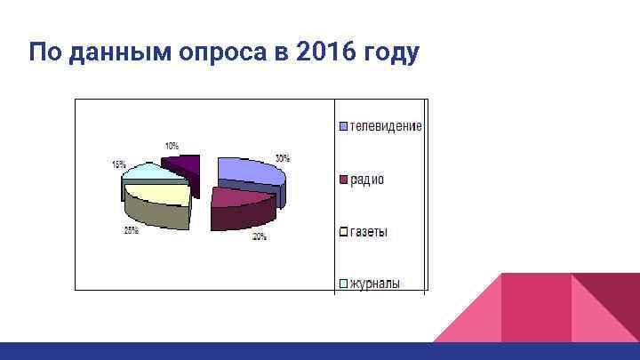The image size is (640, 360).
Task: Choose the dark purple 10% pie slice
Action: (186, 163)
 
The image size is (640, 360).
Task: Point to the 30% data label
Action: (282, 158)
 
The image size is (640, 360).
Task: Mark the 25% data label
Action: (131, 230)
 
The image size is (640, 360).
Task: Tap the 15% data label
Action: (118, 164)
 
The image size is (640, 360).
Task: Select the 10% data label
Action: (171, 145)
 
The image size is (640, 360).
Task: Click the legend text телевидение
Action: (386, 126)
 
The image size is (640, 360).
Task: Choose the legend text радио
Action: (367, 180)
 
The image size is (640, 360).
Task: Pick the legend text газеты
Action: (369, 232)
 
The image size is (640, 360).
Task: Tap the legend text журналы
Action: (374, 284)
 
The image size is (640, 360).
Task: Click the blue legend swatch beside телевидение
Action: (342, 126)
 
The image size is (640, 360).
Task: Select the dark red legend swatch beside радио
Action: (342, 180)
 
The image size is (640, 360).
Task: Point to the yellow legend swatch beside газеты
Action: (342, 232)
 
